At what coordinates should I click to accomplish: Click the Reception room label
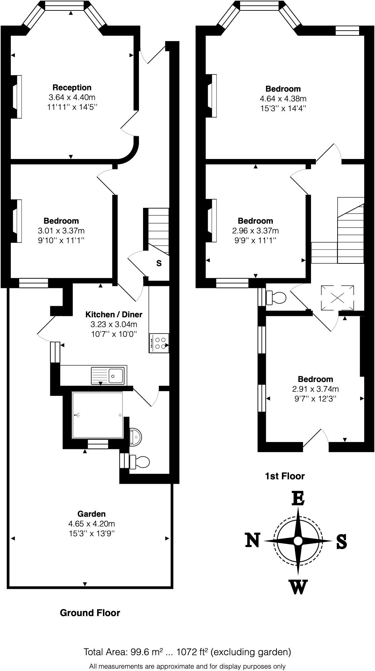[72, 88]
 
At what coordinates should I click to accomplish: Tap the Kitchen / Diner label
[114, 315]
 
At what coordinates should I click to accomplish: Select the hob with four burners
[159, 343]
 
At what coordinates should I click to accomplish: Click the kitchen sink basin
[116, 375]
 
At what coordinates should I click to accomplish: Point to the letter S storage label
[159, 263]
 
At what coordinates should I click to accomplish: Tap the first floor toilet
[277, 297]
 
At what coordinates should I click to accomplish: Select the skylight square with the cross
[338, 297]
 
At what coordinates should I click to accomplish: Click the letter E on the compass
[298, 499]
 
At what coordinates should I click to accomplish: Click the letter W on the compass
[298, 587]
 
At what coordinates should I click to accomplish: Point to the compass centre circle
[298, 541]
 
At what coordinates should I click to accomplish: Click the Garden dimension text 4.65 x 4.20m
[91, 524]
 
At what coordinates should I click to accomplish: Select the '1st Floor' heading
[285, 476]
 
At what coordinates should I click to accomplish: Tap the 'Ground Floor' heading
[90, 613]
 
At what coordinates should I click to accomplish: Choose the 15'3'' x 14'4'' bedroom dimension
[283, 108]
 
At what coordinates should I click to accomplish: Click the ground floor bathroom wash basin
[136, 437]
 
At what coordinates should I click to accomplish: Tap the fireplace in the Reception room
[17, 97]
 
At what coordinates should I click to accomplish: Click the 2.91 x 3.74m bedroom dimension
[315, 389]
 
